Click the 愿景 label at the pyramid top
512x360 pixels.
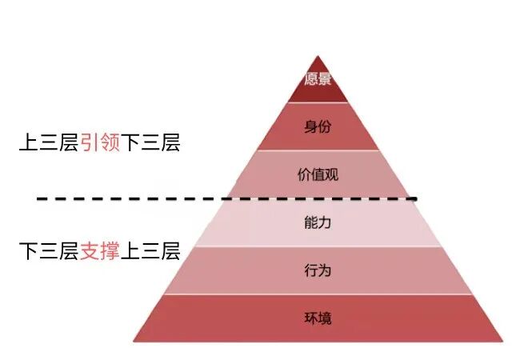[x=318, y=80]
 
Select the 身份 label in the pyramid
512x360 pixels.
[x=318, y=126]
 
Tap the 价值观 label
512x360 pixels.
[x=318, y=174]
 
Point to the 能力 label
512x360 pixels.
[x=318, y=222]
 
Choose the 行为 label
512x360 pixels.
[x=318, y=270]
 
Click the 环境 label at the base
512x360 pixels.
[x=318, y=318]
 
